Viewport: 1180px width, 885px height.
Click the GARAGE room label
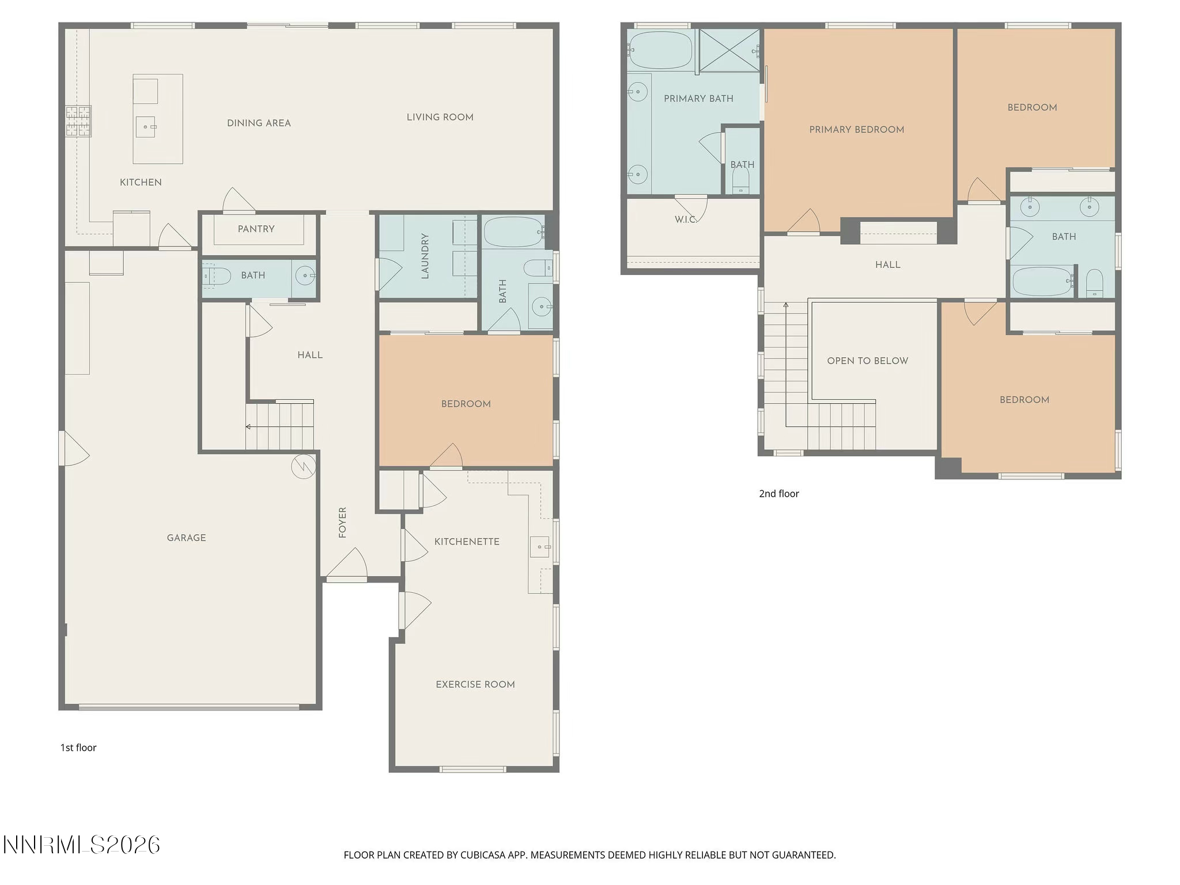186,538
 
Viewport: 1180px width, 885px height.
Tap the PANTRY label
256,229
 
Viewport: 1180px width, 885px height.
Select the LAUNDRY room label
425,256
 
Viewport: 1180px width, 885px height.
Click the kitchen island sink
145,127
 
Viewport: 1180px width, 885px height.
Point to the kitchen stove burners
78,121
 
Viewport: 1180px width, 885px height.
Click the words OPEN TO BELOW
867,361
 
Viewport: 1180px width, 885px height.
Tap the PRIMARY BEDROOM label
856,130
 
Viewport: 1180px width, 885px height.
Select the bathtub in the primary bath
660,50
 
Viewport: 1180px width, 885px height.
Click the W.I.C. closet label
685,220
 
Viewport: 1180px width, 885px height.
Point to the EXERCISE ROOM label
475,684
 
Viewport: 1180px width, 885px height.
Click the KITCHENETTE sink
540,546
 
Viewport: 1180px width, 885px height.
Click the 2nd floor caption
778,494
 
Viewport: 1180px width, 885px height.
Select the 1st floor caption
78,748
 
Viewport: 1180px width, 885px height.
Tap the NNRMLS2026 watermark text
81,845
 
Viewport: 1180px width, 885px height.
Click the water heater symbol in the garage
304,466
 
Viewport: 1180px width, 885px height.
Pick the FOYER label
343,523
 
